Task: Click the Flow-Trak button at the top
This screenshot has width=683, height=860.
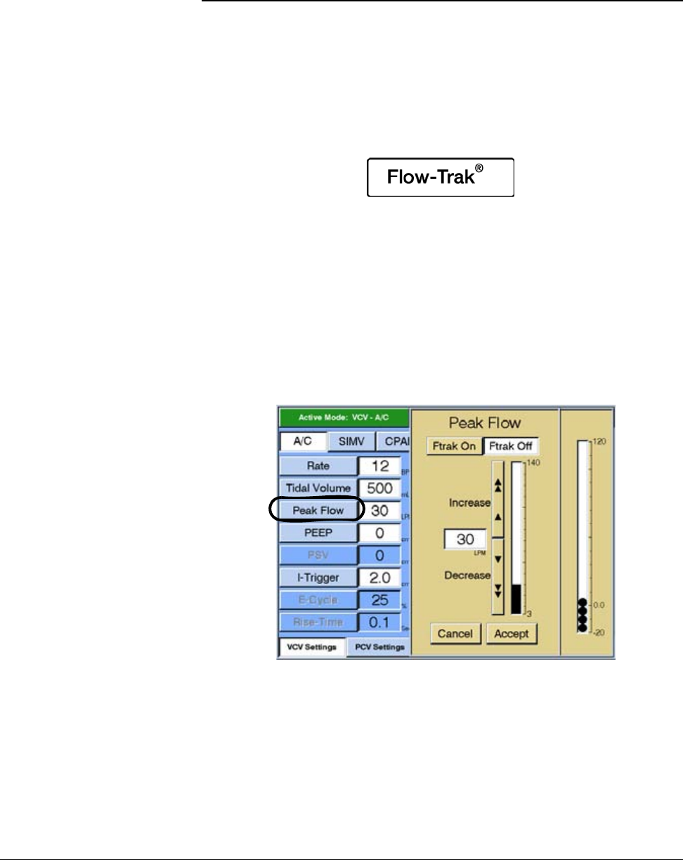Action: (x=441, y=177)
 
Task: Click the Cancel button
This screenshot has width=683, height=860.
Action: (x=455, y=633)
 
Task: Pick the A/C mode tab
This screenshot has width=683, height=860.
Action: (x=304, y=442)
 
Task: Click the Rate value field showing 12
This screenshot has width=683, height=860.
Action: (x=379, y=466)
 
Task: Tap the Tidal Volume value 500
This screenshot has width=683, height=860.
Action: (x=379, y=488)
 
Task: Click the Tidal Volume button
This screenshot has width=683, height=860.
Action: (x=318, y=488)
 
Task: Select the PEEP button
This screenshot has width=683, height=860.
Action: (x=318, y=533)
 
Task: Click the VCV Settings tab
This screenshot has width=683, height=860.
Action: (x=312, y=647)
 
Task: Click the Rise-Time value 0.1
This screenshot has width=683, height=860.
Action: (x=379, y=623)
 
